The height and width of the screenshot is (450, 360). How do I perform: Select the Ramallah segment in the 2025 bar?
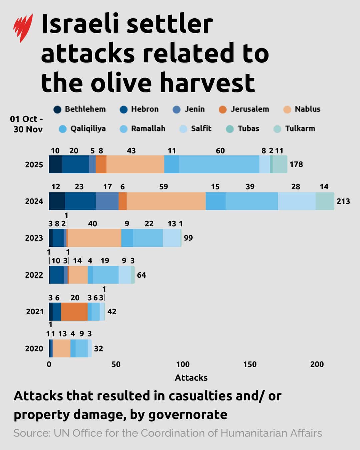219,164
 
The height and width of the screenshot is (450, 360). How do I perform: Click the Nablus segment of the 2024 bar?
166,201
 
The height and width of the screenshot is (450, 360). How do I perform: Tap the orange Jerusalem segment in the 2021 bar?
74,311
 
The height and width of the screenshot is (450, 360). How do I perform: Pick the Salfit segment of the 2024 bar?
297,201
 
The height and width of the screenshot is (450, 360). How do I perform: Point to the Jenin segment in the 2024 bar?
107,201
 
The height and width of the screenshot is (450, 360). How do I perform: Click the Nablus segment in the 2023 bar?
94,238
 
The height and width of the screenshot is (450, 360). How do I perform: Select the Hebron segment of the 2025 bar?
76,164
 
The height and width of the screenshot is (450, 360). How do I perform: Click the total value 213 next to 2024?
343,201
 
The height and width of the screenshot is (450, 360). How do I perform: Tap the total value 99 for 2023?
188,238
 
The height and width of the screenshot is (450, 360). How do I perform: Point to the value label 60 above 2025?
220,151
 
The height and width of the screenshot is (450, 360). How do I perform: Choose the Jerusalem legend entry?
244,109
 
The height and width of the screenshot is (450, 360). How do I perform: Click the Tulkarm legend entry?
294,129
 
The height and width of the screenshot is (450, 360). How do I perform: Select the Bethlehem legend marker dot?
57,109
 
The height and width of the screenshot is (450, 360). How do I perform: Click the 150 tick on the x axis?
250,364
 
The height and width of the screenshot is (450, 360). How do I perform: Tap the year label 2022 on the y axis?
34,275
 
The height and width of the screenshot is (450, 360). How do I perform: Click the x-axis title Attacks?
191,378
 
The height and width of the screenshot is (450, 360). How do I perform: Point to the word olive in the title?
124,82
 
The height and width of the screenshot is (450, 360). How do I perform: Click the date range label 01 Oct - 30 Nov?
27,124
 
